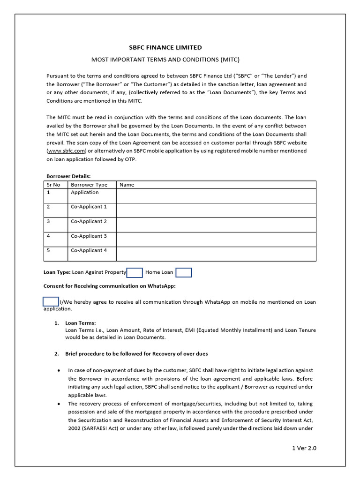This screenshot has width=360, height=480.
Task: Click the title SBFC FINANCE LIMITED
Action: click(x=165, y=47)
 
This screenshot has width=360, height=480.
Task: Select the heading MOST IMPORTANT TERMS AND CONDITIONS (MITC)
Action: click(x=165, y=60)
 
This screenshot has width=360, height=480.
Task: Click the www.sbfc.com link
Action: click(x=66, y=151)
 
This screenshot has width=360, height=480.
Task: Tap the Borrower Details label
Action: click(x=68, y=176)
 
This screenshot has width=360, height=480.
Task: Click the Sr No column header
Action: click(x=54, y=185)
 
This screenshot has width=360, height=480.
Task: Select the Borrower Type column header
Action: click(x=89, y=185)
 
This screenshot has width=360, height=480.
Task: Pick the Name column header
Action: click(x=127, y=185)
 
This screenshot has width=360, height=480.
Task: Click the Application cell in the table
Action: click(x=85, y=192)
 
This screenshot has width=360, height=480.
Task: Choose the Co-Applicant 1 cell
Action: click(x=89, y=207)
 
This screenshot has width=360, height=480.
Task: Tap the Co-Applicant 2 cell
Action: click(x=89, y=221)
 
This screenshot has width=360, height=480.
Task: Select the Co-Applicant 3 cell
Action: click(x=89, y=236)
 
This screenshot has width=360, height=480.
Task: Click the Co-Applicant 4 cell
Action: click(x=89, y=250)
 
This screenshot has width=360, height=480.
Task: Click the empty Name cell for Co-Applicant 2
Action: click(x=216, y=225)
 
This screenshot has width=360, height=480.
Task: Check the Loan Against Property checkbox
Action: click(x=135, y=272)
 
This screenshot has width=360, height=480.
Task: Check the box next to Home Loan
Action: click(x=184, y=272)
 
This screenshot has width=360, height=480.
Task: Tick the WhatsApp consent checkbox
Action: click(x=51, y=301)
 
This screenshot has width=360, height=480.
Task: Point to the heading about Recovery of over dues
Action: click(x=136, y=353)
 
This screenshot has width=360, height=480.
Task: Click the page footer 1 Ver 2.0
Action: click(x=304, y=448)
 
